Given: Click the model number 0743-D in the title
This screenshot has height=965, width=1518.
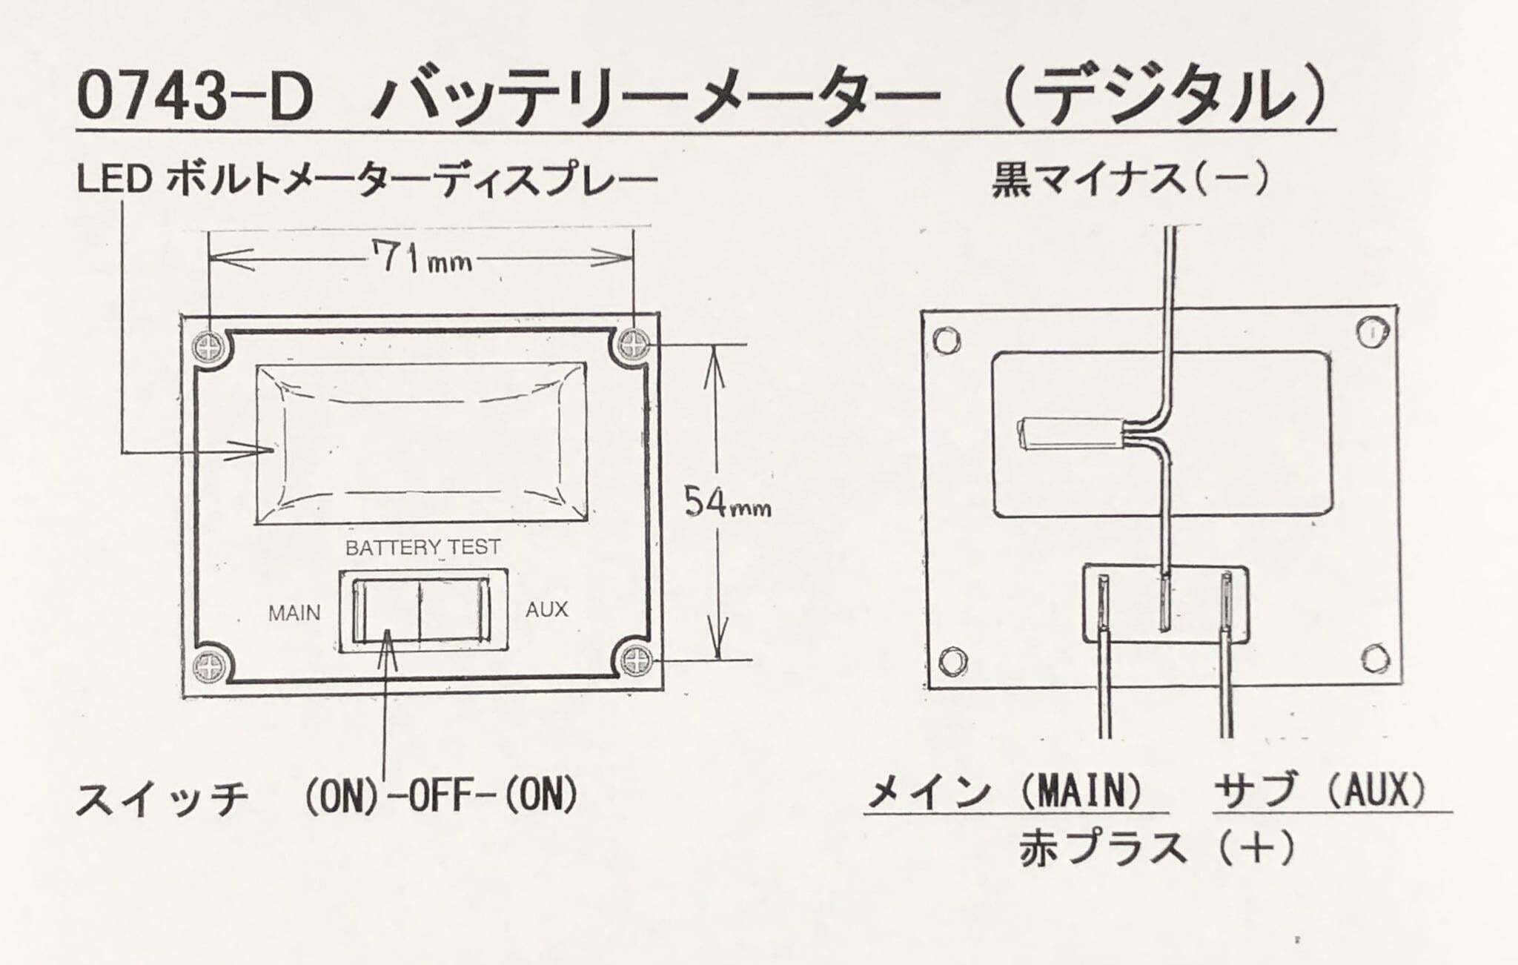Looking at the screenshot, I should pyautogui.click(x=196, y=96).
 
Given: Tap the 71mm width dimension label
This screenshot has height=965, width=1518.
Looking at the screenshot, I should pyautogui.click(x=424, y=259).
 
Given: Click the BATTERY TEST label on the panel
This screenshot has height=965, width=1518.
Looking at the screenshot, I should pyautogui.click(x=422, y=548).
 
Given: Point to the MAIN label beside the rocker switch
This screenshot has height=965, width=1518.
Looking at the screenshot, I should pyautogui.click(x=294, y=614).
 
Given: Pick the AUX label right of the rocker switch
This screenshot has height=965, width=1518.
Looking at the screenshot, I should pyautogui.click(x=547, y=610).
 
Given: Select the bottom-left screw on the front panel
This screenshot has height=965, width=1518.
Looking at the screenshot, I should pyautogui.click(x=210, y=666).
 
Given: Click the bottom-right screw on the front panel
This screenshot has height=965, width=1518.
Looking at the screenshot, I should pyautogui.click(x=636, y=660).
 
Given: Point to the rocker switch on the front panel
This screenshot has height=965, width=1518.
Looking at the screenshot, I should pyautogui.click(x=422, y=612).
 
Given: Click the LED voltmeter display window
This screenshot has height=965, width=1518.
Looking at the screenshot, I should pyautogui.click(x=421, y=443).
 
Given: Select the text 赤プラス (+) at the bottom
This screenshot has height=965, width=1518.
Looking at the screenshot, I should pyautogui.click(x=1157, y=848).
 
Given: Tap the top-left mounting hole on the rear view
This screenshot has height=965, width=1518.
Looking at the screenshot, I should pyautogui.click(x=945, y=341).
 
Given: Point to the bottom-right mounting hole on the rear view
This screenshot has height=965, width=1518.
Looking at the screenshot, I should pyautogui.click(x=1376, y=657).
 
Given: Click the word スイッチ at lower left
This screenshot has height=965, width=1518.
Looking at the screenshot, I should pyautogui.click(x=162, y=799).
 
